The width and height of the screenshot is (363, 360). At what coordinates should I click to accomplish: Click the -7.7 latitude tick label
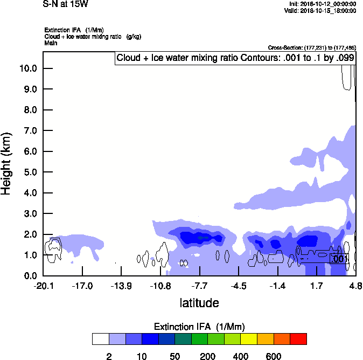click(x=200, y=286)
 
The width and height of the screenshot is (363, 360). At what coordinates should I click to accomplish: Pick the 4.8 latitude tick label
click(x=355, y=286)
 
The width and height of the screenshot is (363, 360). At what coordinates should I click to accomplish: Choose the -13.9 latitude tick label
click(x=122, y=286)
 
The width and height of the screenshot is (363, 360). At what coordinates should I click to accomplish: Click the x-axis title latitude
click(x=199, y=303)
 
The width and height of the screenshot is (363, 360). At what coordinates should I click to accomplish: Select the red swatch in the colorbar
click(x=298, y=339)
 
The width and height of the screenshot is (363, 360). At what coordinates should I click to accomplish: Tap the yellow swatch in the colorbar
click(x=249, y=339)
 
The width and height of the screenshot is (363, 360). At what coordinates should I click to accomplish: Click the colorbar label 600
click(x=274, y=356)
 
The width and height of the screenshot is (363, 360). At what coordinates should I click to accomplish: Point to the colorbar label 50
click(x=174, y=356)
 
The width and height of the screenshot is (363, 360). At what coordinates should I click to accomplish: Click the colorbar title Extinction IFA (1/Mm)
click(x=199, y=327)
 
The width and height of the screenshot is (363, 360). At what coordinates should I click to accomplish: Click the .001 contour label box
click(x=339, y=259)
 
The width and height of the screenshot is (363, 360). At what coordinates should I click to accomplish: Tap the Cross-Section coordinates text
click(x=311, y=48)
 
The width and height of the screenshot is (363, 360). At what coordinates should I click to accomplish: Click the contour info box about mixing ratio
click(x=235, y=58)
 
